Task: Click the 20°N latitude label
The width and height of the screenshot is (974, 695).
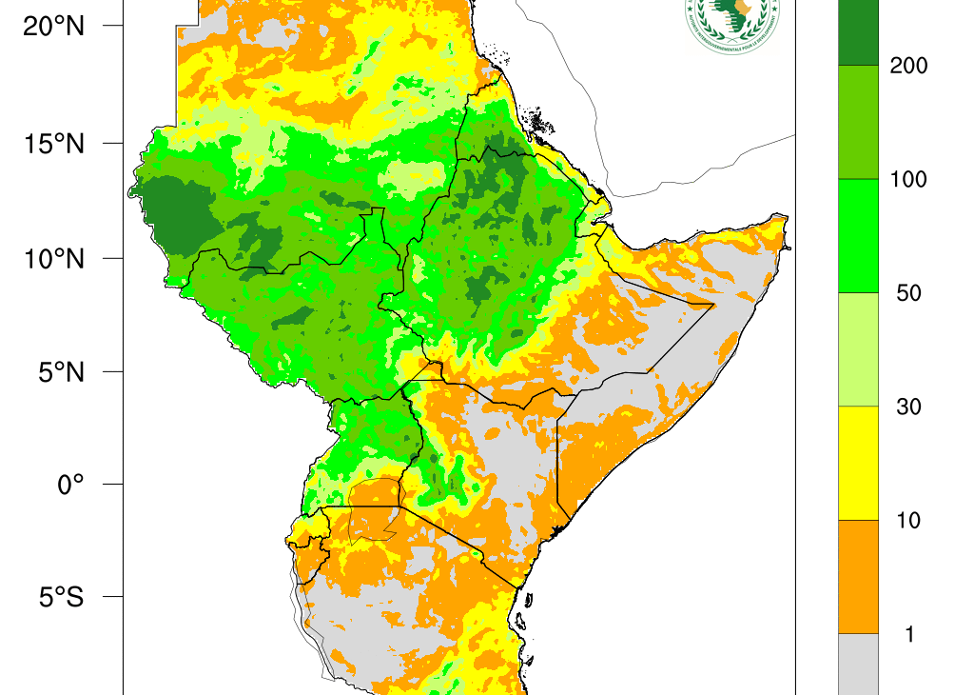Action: (x=54, y=27)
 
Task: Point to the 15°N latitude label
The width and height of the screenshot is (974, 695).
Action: (x=54, y=144)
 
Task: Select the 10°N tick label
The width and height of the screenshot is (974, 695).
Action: (x=54, y=258)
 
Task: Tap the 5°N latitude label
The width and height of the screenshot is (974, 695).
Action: (x=60, y=371)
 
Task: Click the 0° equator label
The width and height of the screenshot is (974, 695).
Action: (x=70, y=485)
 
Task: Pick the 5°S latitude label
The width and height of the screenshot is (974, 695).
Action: (x=60, y=598)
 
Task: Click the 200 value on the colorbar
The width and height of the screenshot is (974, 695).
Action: (x=907, y=66)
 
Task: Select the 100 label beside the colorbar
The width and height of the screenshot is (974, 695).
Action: (x=907, y=180)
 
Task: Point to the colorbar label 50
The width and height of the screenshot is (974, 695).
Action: (x=908, y=293)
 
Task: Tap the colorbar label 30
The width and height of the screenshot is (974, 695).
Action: (x=908, y=407)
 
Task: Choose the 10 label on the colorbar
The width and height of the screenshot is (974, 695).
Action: (x=908, y=521)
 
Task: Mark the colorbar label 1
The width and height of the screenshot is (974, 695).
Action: (x=909, y=634)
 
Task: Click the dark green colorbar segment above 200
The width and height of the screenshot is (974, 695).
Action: (x=857, y=31)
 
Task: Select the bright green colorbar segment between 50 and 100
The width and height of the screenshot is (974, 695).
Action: (x=857, y=235)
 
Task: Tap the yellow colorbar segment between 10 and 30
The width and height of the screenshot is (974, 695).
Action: (x=857, y=463)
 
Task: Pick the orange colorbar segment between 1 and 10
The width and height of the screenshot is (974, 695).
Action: (x=857, y=576)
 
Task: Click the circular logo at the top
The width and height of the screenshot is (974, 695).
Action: (x=731, y=21)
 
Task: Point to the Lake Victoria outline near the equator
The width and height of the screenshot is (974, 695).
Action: (x=374, y=509)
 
